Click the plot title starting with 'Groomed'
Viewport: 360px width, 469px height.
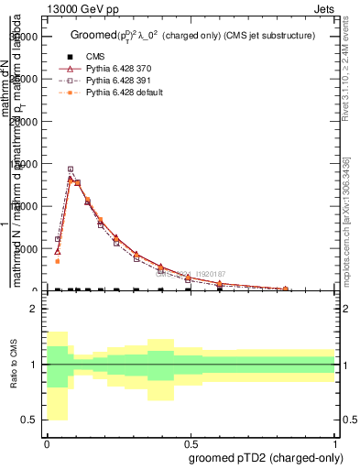(192, 35)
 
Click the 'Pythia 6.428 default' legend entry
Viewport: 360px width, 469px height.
(125, 93)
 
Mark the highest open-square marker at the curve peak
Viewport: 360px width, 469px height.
(71, 169)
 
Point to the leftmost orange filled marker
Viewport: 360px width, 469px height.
(57, 261)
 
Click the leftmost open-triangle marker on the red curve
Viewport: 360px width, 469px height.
(57, 250)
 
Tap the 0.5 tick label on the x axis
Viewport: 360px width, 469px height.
(191, 442)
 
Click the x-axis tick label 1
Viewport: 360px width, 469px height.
(334, 442)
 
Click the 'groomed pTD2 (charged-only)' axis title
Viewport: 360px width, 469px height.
(262, 457)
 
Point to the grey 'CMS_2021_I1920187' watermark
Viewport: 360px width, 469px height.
(190, 274)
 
